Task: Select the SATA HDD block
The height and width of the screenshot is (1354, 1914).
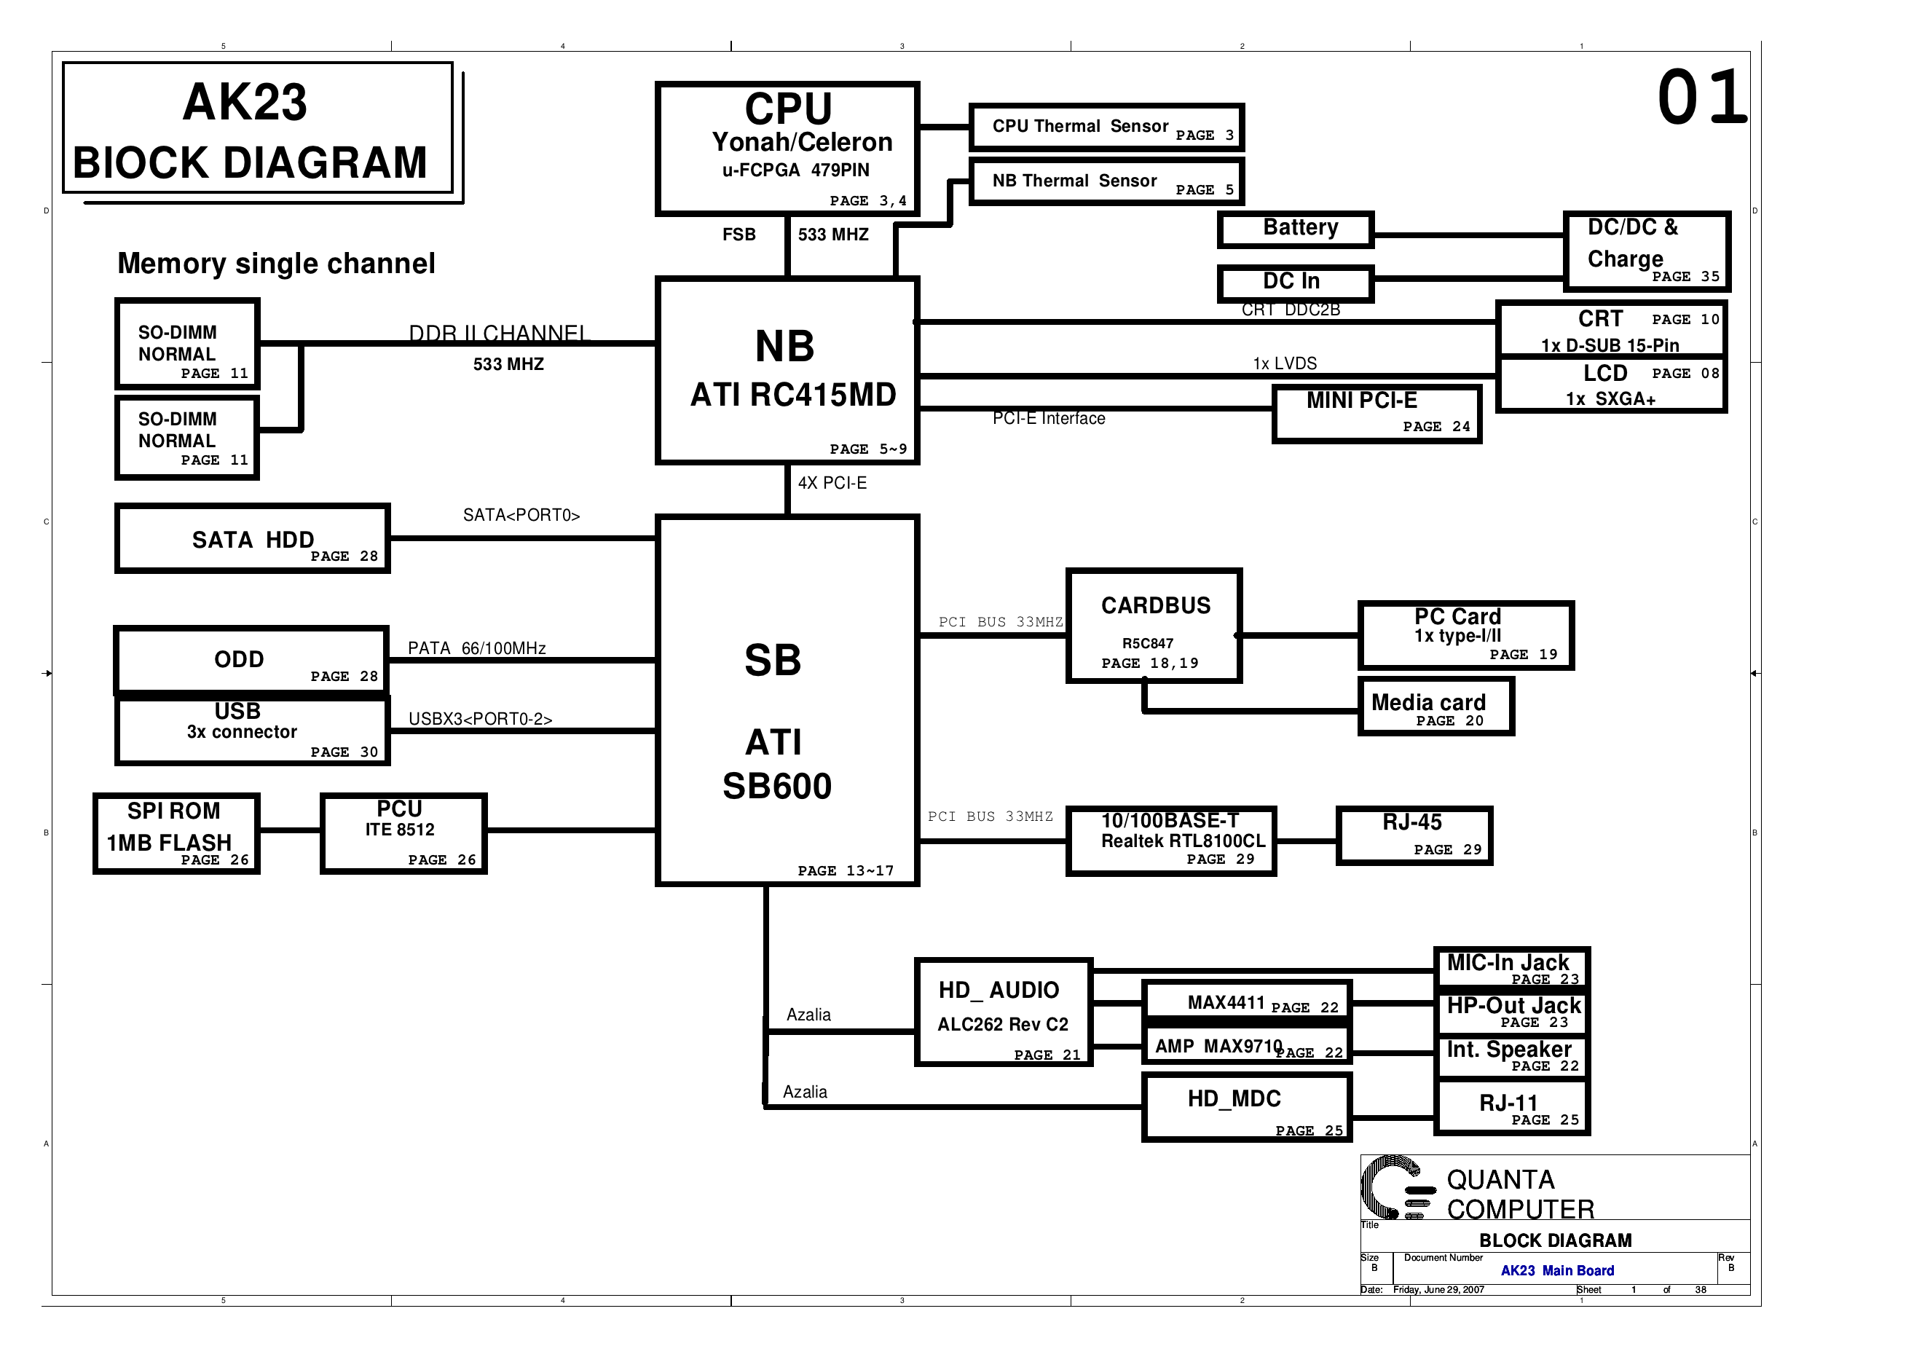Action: point(252,538)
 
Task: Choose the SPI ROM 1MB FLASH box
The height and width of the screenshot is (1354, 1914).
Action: point(176,833)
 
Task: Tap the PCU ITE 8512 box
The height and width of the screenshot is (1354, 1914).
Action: point(403,833)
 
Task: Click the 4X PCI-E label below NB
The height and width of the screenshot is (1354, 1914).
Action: point(832,484)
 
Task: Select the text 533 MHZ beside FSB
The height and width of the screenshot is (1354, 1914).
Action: point(832,235)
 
